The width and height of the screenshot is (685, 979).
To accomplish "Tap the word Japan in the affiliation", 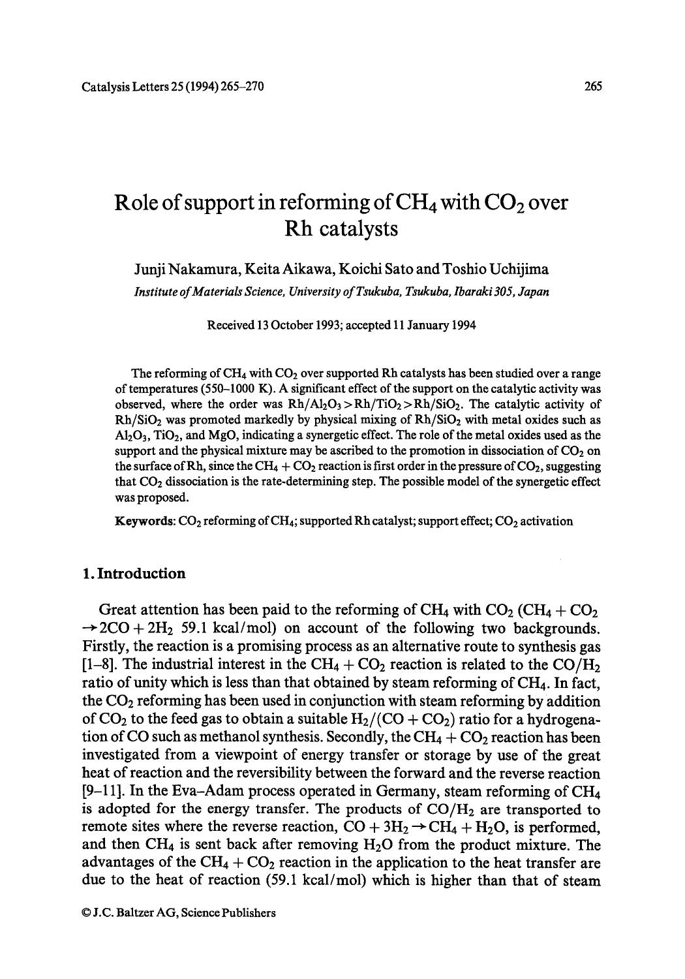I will (534, 292).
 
